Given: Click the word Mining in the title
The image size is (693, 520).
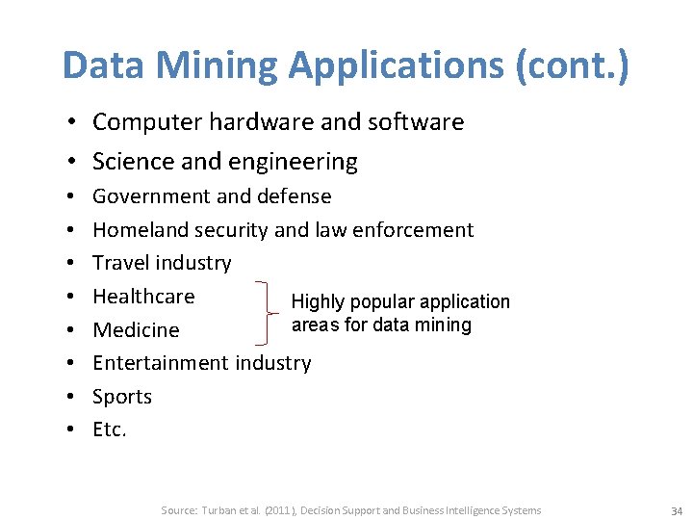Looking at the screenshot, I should pos(213,65).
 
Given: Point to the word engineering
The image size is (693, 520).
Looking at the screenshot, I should pos(298,162).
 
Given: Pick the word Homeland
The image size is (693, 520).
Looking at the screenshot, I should pos(141,230).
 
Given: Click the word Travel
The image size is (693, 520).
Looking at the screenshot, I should pos(120,263).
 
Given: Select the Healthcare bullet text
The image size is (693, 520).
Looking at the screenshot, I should pos(143,297).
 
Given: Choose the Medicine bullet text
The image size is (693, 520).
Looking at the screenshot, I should pos(136,330).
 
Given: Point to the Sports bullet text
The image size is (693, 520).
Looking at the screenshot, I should pos(122,397).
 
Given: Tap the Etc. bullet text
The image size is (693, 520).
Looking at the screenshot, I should pos(110,429).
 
